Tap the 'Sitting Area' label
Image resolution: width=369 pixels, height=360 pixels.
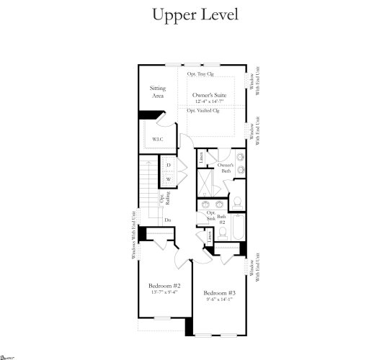point(158,91)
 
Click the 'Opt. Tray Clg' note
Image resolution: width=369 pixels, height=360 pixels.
point(201,74)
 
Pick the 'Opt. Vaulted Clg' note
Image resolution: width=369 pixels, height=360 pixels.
point(203,111)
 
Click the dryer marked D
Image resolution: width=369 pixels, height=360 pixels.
point(168,166)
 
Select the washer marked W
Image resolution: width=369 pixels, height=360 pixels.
point(168,179)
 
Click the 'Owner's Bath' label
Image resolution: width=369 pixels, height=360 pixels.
point(226,169)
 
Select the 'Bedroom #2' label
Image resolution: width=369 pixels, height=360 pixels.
point(164,285)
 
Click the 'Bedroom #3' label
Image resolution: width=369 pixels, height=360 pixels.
point(220,293)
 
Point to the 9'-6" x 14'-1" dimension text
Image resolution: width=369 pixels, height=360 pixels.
point(220,300)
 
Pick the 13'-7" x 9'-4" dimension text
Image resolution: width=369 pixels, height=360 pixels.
point(164,292)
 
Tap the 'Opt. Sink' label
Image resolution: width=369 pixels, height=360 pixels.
point(211,216)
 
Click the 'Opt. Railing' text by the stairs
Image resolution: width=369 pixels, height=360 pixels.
point(162,199)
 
